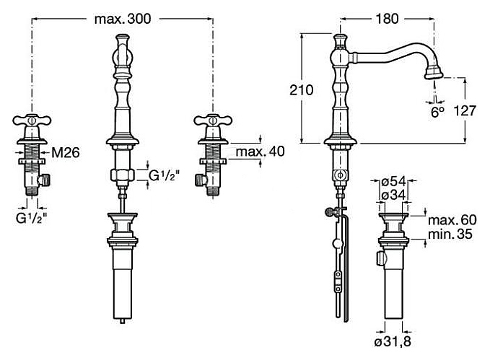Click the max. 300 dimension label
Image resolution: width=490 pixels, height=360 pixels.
click(x=123, y=19)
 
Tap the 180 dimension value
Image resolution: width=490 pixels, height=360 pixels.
click(x=387, y=19)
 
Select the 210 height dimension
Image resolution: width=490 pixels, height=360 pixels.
click(x=301, y=90)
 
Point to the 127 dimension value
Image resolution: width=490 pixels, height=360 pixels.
click(x=465, y=110)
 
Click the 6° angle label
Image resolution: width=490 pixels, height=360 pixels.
click(x=437, y=112)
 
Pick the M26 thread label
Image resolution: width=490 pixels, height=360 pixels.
click(x=66, y=152)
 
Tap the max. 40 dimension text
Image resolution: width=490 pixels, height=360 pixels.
click(x=261, y=152)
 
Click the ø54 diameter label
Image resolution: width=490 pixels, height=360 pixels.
click(x=393, y=181)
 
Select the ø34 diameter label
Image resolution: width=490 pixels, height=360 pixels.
click(x=393, y=196)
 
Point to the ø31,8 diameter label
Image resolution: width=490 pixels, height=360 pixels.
click(x=393, y=341)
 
